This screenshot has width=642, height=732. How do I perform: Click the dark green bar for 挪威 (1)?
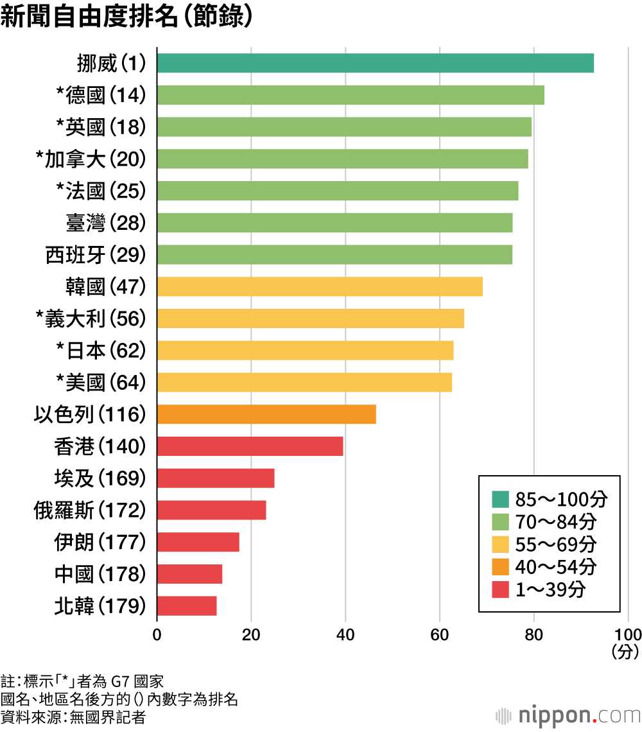376,63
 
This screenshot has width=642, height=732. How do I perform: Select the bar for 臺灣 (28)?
334,223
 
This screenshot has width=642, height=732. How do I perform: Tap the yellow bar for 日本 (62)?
306,350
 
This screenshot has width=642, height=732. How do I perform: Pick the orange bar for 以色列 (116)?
266,414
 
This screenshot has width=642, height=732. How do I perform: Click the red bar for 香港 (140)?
250,446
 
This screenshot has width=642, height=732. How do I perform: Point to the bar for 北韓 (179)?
187,606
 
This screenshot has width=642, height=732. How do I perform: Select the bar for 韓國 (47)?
320,286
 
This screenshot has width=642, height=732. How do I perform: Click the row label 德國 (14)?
101,95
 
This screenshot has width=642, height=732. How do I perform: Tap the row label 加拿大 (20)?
91,159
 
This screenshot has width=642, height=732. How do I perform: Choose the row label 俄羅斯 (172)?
90,510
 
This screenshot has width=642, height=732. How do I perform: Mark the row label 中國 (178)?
100,574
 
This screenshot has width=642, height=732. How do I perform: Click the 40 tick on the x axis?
345,635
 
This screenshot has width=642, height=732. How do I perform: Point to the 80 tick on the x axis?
534,635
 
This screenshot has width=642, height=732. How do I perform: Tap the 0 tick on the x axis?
157,635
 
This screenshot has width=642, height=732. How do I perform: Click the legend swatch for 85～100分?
500,499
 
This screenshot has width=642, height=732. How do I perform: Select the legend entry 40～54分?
544,567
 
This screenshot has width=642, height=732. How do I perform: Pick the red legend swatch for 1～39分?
500,589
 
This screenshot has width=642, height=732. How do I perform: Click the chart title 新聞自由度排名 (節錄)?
126,16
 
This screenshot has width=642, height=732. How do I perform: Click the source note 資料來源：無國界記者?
73,717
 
